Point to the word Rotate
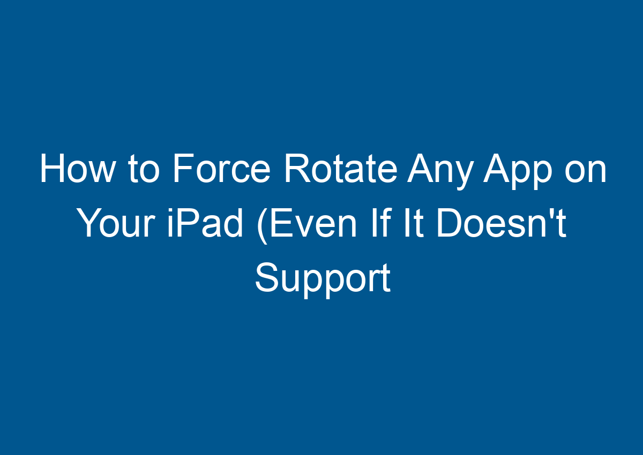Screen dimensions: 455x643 pyautogui.click(x=340, y=171)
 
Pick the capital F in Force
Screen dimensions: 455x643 pyautogui.click(x=182, y=171)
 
